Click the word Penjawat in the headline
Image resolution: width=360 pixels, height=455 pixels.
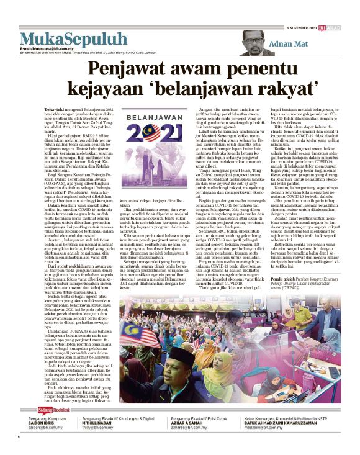(128, 66)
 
